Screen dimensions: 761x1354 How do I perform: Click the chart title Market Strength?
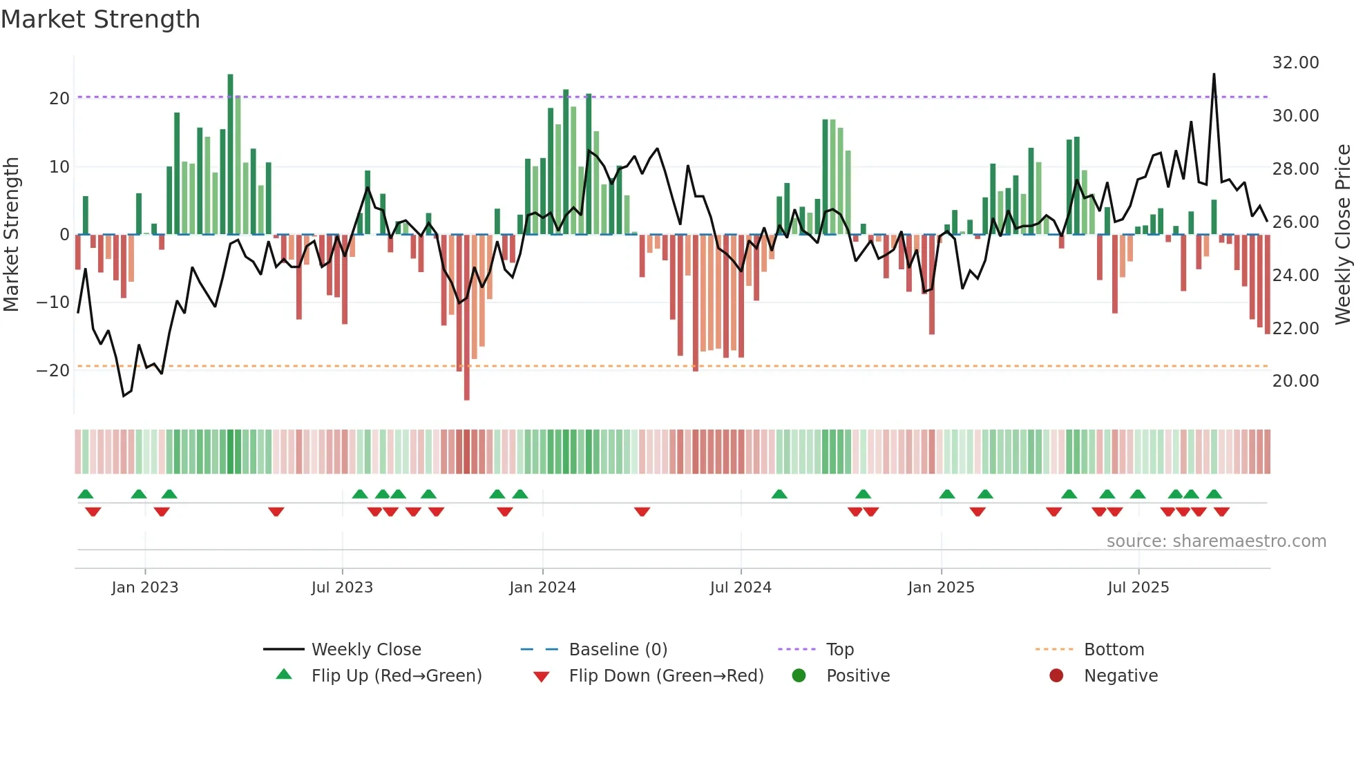(100, 19)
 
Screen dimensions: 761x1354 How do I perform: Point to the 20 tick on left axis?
(59, 98)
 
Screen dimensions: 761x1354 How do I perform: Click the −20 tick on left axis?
(53, 370)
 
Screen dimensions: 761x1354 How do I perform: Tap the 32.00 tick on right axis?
(1295, 62)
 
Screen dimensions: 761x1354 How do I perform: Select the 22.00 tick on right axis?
(1295, 328)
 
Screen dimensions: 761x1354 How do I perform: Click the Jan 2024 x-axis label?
(542, 588)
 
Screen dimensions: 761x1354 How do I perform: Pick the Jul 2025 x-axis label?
(1138, 588)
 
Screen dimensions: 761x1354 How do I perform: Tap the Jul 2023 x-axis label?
(342, 588)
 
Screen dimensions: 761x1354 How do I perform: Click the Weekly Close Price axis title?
(1342, 234)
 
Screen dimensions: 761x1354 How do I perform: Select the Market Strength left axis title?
(12, 234)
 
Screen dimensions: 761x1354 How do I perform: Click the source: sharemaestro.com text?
(1216, 541)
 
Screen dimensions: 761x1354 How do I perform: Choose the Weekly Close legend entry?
(365, 650)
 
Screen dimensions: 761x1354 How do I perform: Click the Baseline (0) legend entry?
(618, 650)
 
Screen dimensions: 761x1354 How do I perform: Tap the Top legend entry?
(839, 650)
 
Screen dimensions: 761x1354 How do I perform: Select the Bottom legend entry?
(1114, 650)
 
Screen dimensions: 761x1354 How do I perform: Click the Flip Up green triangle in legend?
(284, 675)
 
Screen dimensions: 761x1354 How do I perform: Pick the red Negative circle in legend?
(1056, 675)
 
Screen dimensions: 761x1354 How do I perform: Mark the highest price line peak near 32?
(1214, 75)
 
